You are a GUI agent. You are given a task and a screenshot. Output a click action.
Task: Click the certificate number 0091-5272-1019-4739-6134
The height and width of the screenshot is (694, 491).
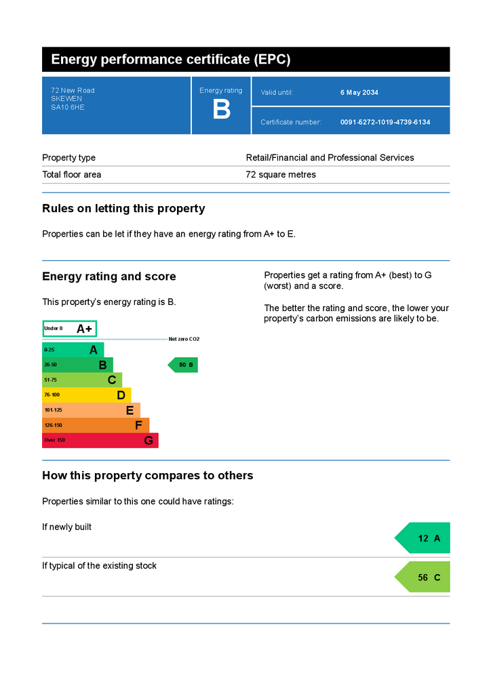click(x=385, y=122)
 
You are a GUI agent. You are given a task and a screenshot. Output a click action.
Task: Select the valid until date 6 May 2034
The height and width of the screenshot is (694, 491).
click(x=359, y=92)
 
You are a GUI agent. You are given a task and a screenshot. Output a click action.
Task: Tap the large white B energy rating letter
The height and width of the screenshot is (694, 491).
click(x=221, y=109)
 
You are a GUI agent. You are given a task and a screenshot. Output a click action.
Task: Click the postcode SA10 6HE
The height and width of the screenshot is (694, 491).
click(x=68, y=107)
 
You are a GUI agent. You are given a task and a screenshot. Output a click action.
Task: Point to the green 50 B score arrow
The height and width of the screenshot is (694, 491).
click(x=183, y=365)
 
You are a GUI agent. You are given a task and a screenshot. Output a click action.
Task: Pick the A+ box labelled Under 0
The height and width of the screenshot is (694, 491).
click(x=69, y=329)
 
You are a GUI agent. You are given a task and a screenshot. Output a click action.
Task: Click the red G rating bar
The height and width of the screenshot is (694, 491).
click(x=100, y=441)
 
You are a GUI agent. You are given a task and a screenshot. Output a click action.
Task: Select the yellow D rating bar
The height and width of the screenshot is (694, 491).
click(x=87, y=395)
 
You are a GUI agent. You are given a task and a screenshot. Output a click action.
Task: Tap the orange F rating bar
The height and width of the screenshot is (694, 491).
click(x=96, y=426)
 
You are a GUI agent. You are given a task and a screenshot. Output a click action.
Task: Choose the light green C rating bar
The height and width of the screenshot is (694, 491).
click(x=82, y=380)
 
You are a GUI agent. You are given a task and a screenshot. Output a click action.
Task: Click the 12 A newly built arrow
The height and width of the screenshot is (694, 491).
click(x=423, y=538)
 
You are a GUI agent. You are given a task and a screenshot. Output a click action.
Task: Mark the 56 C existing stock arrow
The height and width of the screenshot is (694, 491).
click(x=423, y=577)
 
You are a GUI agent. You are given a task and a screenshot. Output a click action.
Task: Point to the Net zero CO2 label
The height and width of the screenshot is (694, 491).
click(x=184, y=339)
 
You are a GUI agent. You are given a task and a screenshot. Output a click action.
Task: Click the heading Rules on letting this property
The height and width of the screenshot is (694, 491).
click(x=123, y=209)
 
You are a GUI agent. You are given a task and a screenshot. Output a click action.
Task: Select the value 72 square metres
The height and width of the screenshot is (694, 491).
click(x=281, y=174)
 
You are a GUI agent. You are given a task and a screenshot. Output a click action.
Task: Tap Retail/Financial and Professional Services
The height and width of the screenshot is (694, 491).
click(x=330, y=157)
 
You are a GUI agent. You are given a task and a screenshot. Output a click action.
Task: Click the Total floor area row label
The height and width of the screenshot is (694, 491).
click(x=72, y=174)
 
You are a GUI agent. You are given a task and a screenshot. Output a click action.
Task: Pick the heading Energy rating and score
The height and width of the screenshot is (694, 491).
click(x=109, y=277)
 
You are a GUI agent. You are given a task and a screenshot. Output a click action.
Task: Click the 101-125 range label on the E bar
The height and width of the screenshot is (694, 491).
click(x=53, y=410)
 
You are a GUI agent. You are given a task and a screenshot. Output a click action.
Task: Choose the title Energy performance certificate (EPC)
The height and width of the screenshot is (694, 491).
click(x=171, y=60)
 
